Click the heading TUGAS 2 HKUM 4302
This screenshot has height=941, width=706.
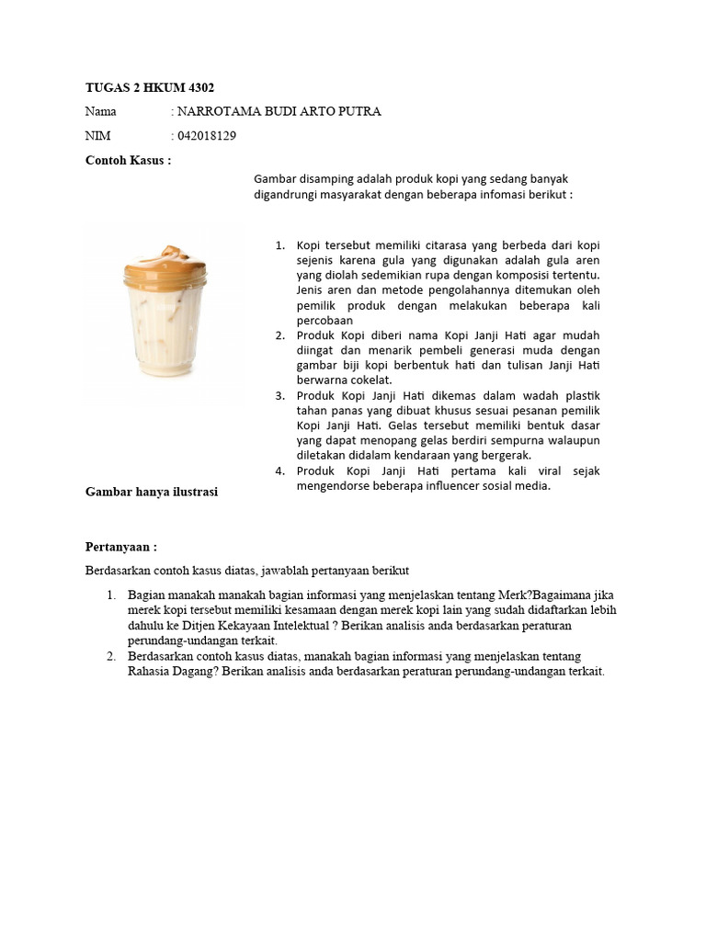(x=149, y=87)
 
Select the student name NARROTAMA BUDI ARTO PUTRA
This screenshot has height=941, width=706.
(x=279, y=112)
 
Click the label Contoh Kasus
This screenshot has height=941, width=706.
(x=128, y=161)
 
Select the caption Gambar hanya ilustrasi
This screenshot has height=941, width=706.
(x=151, y=493)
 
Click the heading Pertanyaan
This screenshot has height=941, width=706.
(x=121, y=547)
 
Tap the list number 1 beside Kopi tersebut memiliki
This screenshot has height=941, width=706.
(x=280, y=246)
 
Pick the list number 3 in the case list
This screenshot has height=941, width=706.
(x=280, y=396)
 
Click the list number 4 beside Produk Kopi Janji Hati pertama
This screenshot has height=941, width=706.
(x=280, y=471)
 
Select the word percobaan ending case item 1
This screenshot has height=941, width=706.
(x=325, y=321)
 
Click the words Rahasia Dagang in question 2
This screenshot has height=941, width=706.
(x=172, y=672)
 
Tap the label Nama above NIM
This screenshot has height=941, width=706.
(x=101, y=112)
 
